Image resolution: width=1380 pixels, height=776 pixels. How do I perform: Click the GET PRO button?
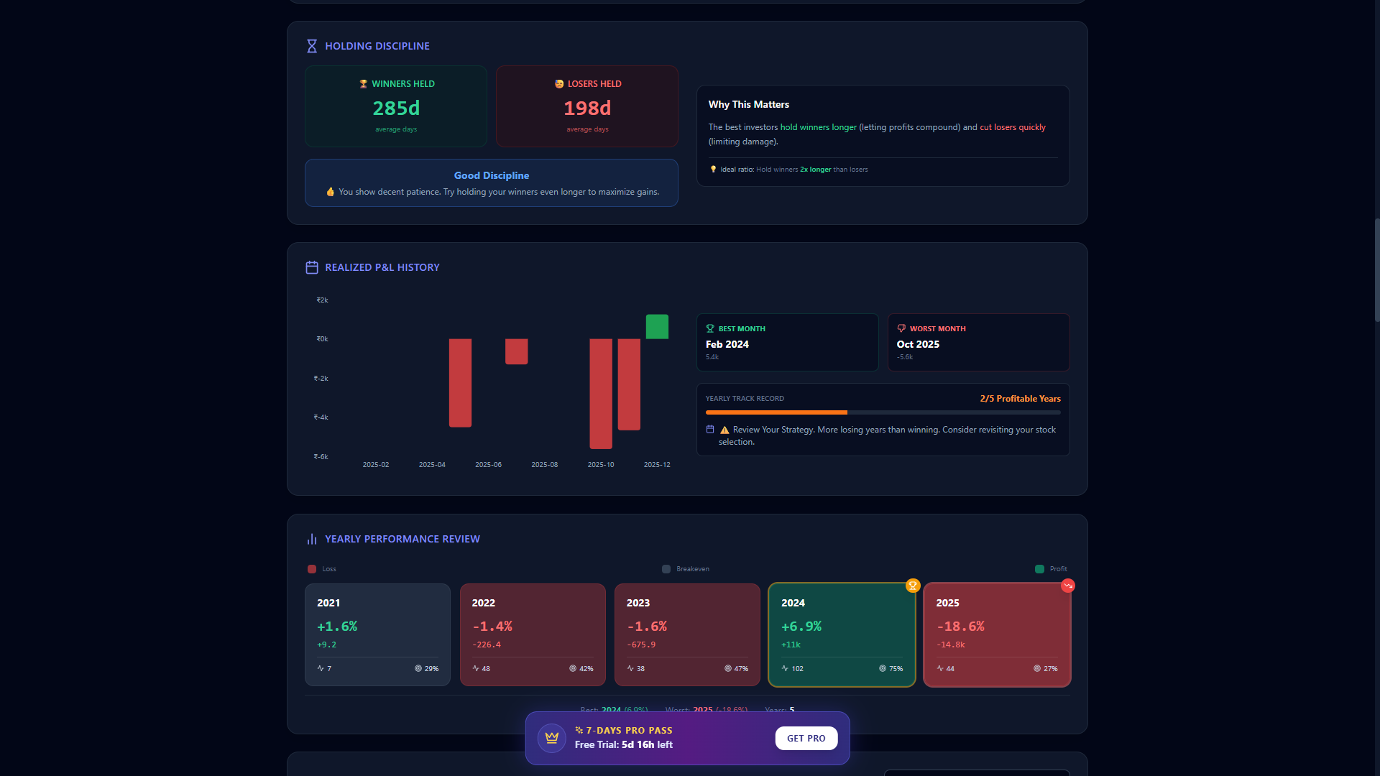[806, 738]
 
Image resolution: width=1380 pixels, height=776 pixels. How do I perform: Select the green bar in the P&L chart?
[657, 326]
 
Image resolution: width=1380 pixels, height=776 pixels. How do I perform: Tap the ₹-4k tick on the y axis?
[321, 417]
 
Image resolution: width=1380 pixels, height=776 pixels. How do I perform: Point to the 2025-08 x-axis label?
[544, 465]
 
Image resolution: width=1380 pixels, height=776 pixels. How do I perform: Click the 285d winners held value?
[396, 108]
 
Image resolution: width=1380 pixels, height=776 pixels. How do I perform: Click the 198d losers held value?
[587, 108]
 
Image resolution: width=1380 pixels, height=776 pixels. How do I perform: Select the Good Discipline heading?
[492, 175]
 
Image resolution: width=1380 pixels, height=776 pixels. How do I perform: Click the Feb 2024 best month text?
[727, 344]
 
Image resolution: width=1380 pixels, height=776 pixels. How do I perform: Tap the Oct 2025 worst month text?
[918, 344]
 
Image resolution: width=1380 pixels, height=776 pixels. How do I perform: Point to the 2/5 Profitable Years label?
[1020, 399]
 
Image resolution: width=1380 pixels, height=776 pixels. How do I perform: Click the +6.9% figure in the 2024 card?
[801, 627]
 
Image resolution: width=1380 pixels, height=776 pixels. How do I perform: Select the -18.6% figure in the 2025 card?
[960, 627]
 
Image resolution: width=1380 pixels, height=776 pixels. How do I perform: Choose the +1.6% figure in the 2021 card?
[337, 627]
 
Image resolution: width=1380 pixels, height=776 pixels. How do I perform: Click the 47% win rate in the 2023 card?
[740, 669]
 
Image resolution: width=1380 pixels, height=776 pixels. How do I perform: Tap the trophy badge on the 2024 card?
[913, 586]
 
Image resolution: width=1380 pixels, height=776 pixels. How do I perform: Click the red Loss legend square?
[312, 569]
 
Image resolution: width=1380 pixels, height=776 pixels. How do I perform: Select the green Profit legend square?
[1039, 569]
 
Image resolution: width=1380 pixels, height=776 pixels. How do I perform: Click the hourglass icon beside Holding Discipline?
[312, 46]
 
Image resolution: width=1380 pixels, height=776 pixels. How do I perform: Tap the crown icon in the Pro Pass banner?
[552, 738]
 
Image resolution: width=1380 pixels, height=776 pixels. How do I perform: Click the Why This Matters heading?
[749, 104]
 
